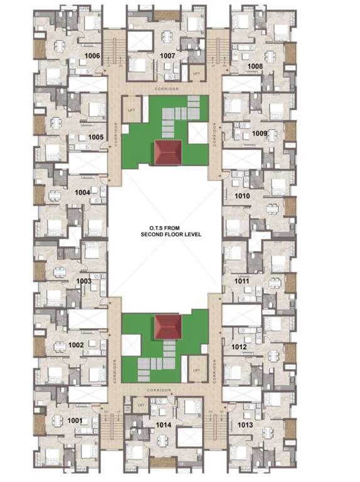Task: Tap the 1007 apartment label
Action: [x=167, y=56]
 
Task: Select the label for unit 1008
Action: [x=255, y=66]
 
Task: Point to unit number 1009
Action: [x=260, y=133]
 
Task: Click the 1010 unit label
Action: [x=242, y=196]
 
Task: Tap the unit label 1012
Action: [x=239, y=346]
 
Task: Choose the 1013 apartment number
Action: [x=246, y=425]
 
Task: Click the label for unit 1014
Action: [x=164, y=425]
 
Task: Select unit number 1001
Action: [x=75, y=420]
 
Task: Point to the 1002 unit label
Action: [x=76, y=345]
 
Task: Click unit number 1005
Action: [x=95, y=136]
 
